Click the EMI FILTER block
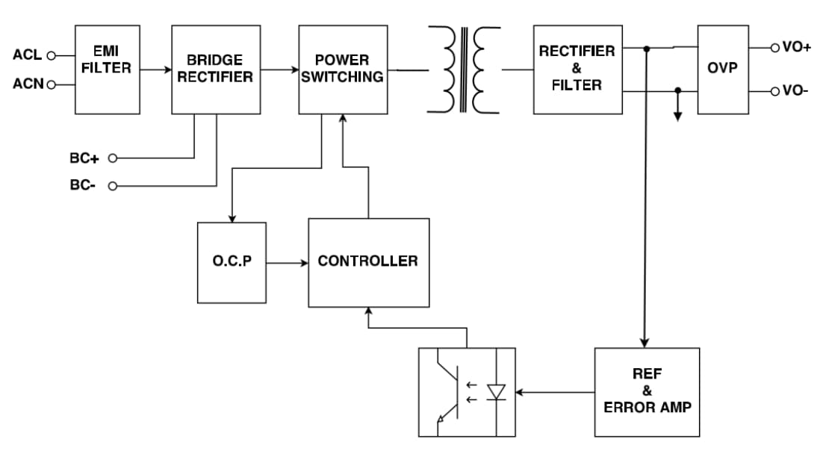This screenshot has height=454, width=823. [x=108, y=69]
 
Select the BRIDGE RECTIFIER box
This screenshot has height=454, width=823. [x=216, y=69]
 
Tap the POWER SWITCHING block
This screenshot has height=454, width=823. [x=343, y=69]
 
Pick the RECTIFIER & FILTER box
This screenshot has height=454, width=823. [x=577, y=69]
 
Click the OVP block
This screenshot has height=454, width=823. [x=722, y=69]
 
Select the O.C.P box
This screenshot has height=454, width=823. [x=232, y=263]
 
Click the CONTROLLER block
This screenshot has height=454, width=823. [x=368, y=262]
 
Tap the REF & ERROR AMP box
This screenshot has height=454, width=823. [x=647, y=392]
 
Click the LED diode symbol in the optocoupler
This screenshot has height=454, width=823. [x=496, y=392]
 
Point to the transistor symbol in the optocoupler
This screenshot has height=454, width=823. [x=446, y=392]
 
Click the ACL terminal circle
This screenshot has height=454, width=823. [x=51, y=55]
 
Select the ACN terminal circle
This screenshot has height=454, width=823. [x=51, y=84]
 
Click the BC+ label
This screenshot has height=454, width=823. [x=84, y=158]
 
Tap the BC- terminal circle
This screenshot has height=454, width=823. [x=113, y=186]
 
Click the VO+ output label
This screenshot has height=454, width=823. [x=797, y=47]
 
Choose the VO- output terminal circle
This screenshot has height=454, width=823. [x=775, y=91]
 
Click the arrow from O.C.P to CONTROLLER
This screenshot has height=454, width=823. [x=288, y=263]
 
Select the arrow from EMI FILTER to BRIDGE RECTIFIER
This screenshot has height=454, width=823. [x=155, y=69]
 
